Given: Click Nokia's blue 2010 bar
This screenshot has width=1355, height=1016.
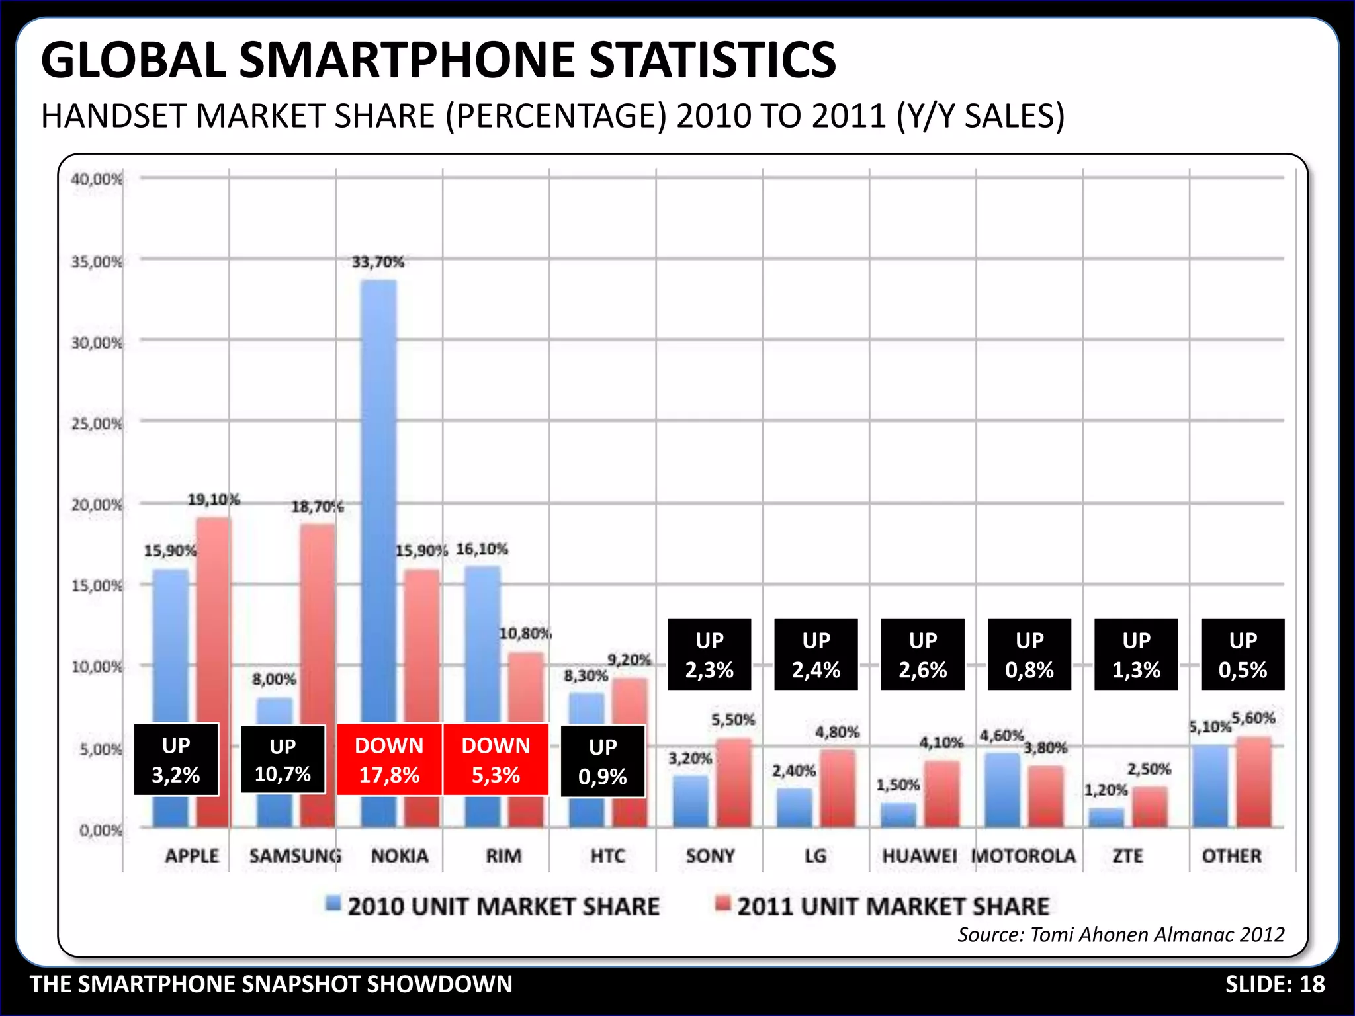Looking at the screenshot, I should coord(378,496).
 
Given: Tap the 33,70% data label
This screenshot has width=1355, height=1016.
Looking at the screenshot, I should coord(378,262).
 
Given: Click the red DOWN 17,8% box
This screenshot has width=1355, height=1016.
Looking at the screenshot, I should coord(389,759).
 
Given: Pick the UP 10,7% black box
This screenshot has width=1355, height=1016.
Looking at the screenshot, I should coord(283,759).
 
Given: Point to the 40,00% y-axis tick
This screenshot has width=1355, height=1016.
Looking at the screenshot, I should coord(97,179).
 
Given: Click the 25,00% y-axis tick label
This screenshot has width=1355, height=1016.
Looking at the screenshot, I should coord(97,423).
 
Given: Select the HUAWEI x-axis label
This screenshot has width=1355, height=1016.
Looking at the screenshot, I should coord(920,856).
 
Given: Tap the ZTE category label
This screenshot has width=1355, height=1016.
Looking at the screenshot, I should coord(1127,856).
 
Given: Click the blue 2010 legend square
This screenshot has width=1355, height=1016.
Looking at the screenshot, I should coord(333,903).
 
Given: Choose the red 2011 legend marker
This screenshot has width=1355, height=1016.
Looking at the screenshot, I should coord(723,903).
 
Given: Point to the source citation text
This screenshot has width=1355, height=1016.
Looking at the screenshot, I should coord(1121,934).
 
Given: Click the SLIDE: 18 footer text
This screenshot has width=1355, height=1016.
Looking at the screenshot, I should coord(1275,984).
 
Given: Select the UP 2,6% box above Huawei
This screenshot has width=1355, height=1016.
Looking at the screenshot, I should coord(922,655).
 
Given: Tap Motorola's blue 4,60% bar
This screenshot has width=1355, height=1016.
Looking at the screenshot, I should coord(1002,790).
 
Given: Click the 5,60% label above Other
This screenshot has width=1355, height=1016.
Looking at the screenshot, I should coord(1253,718).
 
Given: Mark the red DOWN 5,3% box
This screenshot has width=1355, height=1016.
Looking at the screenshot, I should coord(496,759).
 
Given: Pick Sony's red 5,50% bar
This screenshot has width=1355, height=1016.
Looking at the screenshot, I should coord(733,784).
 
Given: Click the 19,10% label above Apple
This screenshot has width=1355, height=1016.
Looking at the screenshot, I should coord(213,499).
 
